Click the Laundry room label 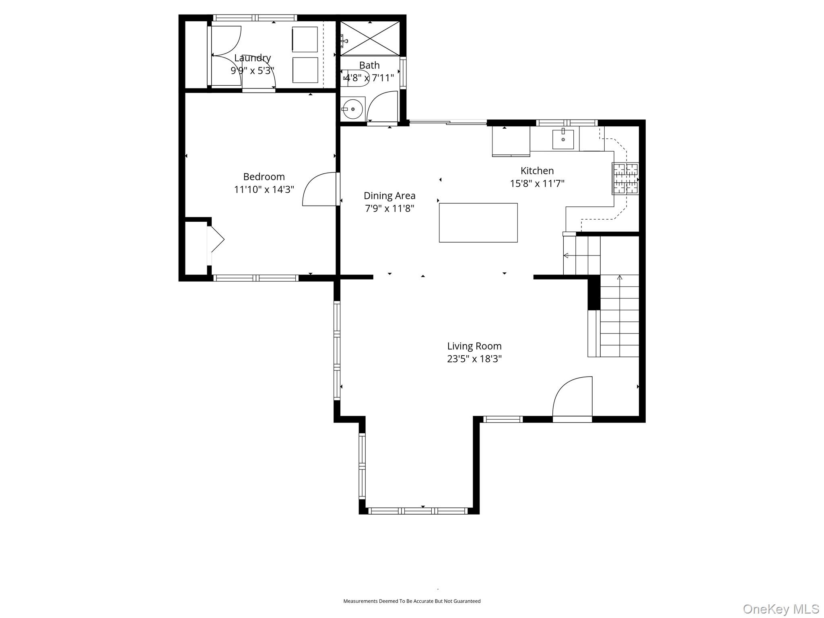252,58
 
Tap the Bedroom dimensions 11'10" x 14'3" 264,190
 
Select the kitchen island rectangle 478,222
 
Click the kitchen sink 563,139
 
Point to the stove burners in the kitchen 625,178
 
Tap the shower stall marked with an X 370,39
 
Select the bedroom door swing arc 318,189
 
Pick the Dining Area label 389,196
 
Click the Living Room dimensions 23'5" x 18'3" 474,359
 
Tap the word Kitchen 537,171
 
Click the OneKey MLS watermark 781,609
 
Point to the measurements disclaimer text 412,601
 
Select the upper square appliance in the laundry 305,39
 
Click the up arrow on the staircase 620,278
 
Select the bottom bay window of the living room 418,511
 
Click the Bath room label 369,65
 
